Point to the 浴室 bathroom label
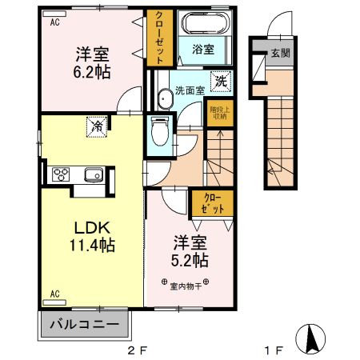pyautogui.click(x=202, y=50)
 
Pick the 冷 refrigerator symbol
pyautogui.click(x=96, y=126)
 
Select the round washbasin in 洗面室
pyautogui.click(x=163, y=98)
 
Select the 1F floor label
pyautogui.click(x=274, y=350)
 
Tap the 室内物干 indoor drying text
pyautogui.click(x=185, y=284)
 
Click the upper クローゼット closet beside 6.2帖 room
pyautogui.click(x=157, y=38)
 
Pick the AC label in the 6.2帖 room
pyautogui.click(x=55, y=22)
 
